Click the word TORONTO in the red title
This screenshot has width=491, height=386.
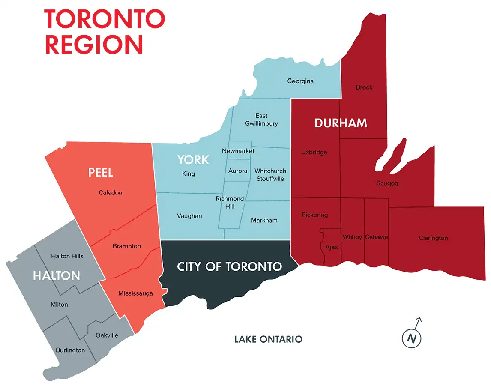tap(105, 18)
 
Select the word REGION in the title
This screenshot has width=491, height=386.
tap(94, 45)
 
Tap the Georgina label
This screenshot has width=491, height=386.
tap(300, 81)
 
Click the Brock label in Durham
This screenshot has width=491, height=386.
tap(364, 87)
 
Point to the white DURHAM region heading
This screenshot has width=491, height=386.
tap(341, 123)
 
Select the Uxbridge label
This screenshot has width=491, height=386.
tap(314, 153)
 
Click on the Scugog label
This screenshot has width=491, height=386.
tap(387, 183)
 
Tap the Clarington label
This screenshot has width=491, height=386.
tap(433, 238)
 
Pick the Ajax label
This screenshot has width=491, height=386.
tap(332, 247)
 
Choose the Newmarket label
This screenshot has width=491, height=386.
tap(238, 151)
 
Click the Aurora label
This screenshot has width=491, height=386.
tap(238, 171)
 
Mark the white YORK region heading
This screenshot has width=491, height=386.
tap(193, 160)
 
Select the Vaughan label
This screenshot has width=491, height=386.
tap(189, 216)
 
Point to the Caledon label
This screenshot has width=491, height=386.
tap(110, 193)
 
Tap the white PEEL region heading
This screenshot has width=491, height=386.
tap(101, 173)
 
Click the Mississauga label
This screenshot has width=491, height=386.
tap(135, 294)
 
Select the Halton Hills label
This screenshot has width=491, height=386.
tap(67, 256)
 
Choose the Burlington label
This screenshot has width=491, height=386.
tap(70, 350)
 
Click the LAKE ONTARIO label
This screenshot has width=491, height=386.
tap(268, 340)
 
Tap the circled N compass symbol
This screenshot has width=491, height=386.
tap(412, 338)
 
